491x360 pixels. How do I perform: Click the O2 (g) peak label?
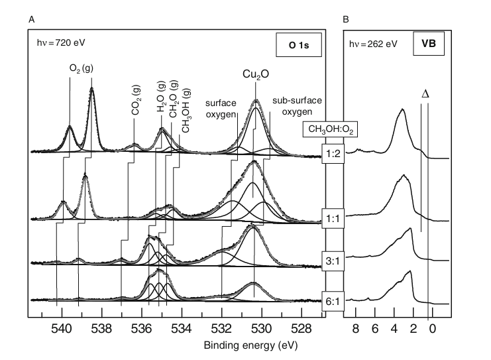click(x=81, y=67)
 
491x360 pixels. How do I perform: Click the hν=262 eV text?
click(x=372, y=44)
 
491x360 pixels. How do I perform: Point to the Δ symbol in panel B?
click(x=425, y=93)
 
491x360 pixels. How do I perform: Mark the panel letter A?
click(x=31, y=20)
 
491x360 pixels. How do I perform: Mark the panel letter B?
click(x=345, y=20)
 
